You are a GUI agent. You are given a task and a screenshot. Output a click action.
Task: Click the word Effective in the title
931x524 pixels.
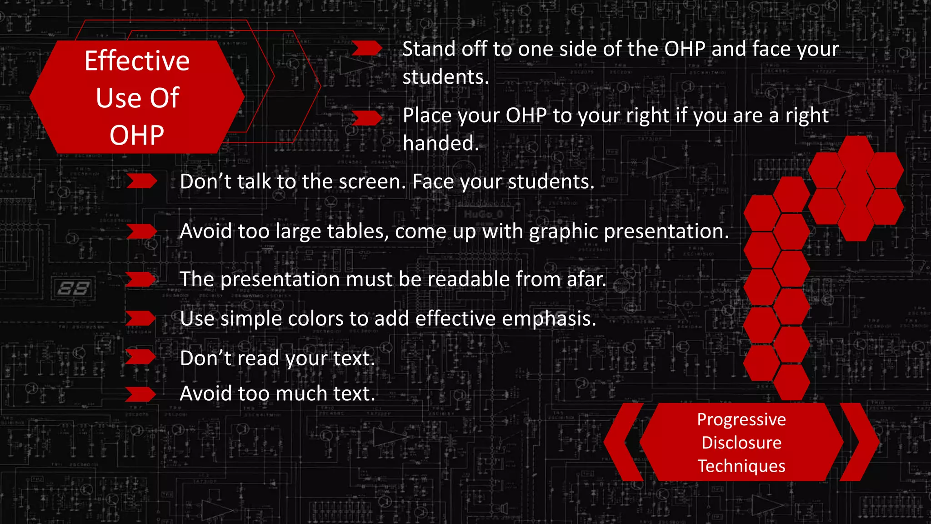(x=137, y=61)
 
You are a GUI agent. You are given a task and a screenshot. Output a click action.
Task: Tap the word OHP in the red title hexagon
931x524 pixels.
(x=137, y=135)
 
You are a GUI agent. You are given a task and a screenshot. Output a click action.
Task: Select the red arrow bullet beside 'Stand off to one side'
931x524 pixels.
(x=366, y=48)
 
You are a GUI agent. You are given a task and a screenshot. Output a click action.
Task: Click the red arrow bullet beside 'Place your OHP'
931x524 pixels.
(x=366, y=118)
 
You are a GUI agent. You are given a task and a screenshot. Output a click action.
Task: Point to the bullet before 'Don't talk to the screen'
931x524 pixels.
(x=141, y=181)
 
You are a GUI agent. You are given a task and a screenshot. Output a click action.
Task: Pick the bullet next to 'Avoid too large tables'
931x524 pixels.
(x=141, y=231)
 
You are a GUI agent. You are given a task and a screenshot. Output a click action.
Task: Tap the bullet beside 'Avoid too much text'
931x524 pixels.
(x=140, y=394)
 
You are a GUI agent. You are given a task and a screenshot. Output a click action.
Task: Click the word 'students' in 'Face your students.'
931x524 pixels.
(x=551, y=182)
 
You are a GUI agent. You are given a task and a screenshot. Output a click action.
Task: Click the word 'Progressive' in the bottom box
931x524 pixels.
(x=741, y=419)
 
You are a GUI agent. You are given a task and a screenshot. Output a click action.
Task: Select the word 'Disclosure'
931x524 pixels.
(x=741, y=443)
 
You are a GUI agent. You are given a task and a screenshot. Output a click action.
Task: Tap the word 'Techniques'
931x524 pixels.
(x=741, y=466)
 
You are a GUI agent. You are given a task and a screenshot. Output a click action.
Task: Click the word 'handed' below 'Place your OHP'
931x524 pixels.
(x=440, y=143)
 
